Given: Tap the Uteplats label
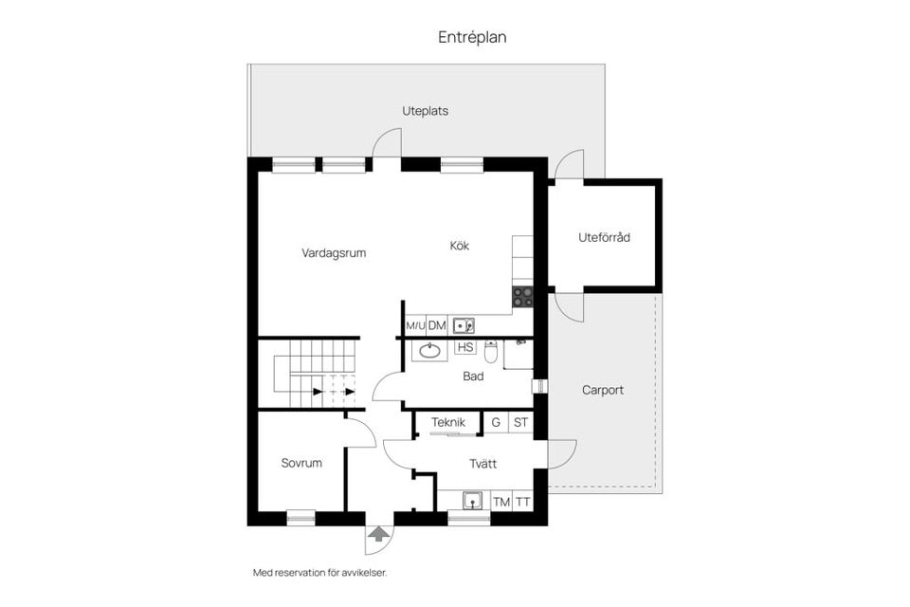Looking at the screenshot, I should click(x=425, y=111).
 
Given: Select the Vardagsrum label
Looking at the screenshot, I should click(x=334, y=253).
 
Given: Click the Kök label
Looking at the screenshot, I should click(x=460, y=246).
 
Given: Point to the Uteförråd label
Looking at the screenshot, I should click(x=604, y=237).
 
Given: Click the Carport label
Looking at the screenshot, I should click(x=603, y=390).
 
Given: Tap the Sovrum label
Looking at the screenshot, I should click(x=301, y=464).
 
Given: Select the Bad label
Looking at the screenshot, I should click(x=473, y=377).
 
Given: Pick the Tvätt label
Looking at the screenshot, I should click(x=483, y=464).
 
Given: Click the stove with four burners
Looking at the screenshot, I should click(x=523, y=297).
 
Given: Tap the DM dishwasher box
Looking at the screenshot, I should click(x=437, y=326).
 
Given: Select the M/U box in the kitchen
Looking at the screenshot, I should click(x=415, y=326).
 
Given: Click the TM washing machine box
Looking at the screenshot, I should click(x=500, y=502).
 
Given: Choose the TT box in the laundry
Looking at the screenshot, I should click(x=522, y=502).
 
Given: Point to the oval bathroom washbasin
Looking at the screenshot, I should click(x=429, y=351).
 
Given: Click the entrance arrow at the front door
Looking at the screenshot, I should click(x=378, y=535).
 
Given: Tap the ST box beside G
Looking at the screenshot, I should click(x=520, y=423).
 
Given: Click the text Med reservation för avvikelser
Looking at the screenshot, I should click(x=319, y=573).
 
